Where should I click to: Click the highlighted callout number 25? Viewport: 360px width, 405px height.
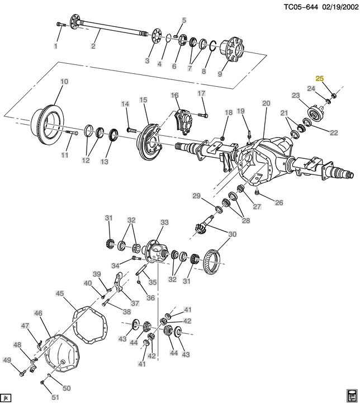tap(320, 78)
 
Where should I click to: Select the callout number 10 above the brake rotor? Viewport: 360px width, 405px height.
tap(64, 82)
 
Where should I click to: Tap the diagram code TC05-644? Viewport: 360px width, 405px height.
tap(301, 7)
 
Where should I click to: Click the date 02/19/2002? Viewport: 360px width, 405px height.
tap(340, 7)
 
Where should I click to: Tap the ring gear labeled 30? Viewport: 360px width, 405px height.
tap(214, 262)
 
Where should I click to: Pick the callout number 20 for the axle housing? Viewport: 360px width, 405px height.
tap(266, 103)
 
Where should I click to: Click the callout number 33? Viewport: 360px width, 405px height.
tap(164, 223)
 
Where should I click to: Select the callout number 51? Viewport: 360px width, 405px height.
tap(55, 397)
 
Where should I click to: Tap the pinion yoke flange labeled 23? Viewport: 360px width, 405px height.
tap(315, 113)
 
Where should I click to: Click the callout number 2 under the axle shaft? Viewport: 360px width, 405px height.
tap(93, 46)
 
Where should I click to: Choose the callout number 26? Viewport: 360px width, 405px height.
tap(279, 202)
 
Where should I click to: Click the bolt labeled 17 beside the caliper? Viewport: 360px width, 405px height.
tap(203, 115)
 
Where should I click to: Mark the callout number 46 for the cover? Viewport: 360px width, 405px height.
tap(38, 313)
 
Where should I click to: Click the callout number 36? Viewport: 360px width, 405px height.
tap(151, 298)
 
